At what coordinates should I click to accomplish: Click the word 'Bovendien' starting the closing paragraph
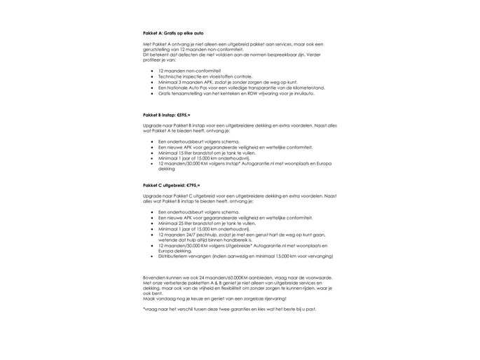[153, 278]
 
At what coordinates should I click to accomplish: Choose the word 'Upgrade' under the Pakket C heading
[151, 195]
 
